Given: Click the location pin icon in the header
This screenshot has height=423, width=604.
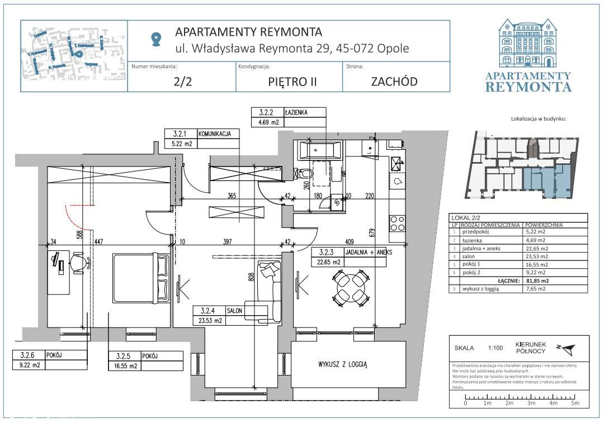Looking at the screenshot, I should click(156, 39).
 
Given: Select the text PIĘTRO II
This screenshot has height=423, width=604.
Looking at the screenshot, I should click(289, 81).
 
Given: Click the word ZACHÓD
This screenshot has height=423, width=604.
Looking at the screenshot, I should click(394, 81).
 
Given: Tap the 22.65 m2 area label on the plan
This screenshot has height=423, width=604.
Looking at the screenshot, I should click(329, 262).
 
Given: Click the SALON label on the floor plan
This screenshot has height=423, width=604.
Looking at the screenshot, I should click(234, 311).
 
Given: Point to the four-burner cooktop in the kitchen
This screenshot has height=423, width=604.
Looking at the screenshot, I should click(398, 223).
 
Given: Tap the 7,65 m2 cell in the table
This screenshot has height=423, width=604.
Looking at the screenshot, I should click(534, 289).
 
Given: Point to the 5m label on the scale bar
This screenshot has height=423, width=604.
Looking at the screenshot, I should click(574, 403).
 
